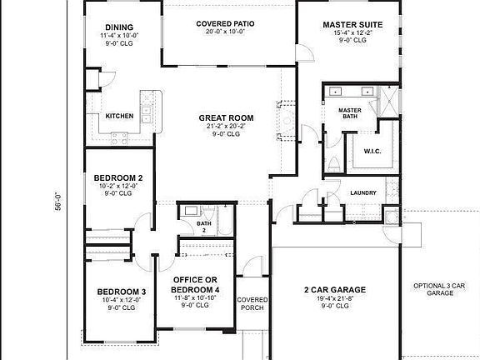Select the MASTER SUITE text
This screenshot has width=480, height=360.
(352, 25)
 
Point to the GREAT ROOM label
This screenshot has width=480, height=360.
(226, 117)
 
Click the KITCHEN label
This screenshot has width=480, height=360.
(119, 117)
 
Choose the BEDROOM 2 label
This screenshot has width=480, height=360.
(117, 177)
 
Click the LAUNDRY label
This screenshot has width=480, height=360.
(363, 193)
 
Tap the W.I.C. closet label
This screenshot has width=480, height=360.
(372, 150)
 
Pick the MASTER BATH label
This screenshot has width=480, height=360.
(348, 112)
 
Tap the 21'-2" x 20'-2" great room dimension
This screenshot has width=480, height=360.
(226, 126)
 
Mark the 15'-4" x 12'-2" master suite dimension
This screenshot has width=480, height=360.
(352, 33)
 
